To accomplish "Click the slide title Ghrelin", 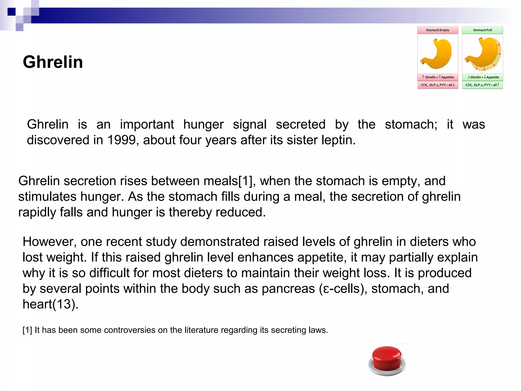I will point(53,62).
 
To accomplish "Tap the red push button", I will point(387,359).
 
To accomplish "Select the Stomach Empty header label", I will point(438,30).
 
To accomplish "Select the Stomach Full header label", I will point(482,30).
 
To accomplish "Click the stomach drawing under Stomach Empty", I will point(437,54).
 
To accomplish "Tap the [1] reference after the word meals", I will point(245,181).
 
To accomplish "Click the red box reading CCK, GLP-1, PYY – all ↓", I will point(438,85).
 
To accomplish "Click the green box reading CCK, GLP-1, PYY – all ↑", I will point(482,85).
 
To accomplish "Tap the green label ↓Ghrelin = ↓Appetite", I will point(483,77).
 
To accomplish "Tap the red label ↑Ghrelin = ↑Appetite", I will point(438,77).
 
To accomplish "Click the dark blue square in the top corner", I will point(11,12).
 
